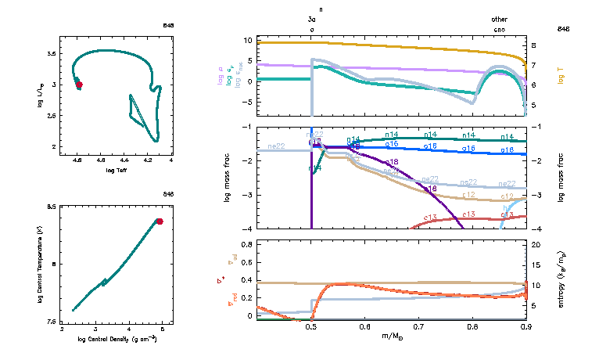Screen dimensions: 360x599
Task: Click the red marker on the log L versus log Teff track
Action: (79, 84)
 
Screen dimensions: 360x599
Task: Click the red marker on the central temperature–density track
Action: (160, 221)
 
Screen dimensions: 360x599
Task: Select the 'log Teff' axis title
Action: (118, 169)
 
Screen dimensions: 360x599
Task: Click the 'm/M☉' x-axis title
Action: (391, 337)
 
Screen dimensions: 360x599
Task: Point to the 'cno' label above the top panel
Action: (499, 29)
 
